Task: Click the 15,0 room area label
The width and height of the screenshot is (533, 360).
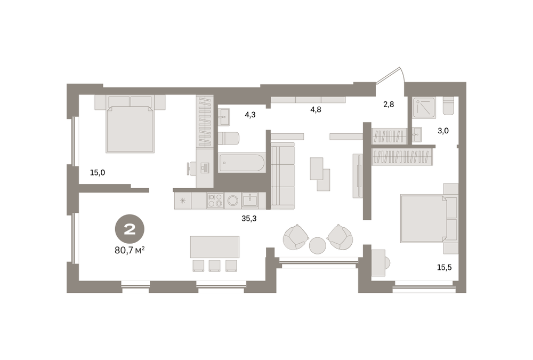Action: (98, 172)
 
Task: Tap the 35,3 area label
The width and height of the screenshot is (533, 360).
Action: (249, 219)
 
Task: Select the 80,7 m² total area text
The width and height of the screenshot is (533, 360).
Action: (130, 251)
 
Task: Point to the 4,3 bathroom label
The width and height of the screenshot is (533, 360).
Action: (250, 115)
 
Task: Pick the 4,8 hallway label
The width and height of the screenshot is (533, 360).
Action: (316, 109)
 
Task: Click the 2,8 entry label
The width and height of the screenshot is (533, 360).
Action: (389, 104)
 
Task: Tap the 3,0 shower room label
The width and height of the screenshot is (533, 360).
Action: (443, 130)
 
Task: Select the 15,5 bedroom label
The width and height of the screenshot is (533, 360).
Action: (445, 267)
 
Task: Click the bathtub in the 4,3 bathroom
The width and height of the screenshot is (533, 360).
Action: (241, 163)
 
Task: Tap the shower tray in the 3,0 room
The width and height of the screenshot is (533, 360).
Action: (424, 108)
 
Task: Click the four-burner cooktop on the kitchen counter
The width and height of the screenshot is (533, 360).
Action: (215, 201)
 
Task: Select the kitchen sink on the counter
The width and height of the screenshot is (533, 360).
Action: (250, 201)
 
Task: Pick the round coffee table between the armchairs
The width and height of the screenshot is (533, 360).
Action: (318, 245)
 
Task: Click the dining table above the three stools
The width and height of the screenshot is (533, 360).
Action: (214, 247)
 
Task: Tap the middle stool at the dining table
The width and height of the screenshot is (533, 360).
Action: (214, 266)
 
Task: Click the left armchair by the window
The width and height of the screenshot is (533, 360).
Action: (296, 237)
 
